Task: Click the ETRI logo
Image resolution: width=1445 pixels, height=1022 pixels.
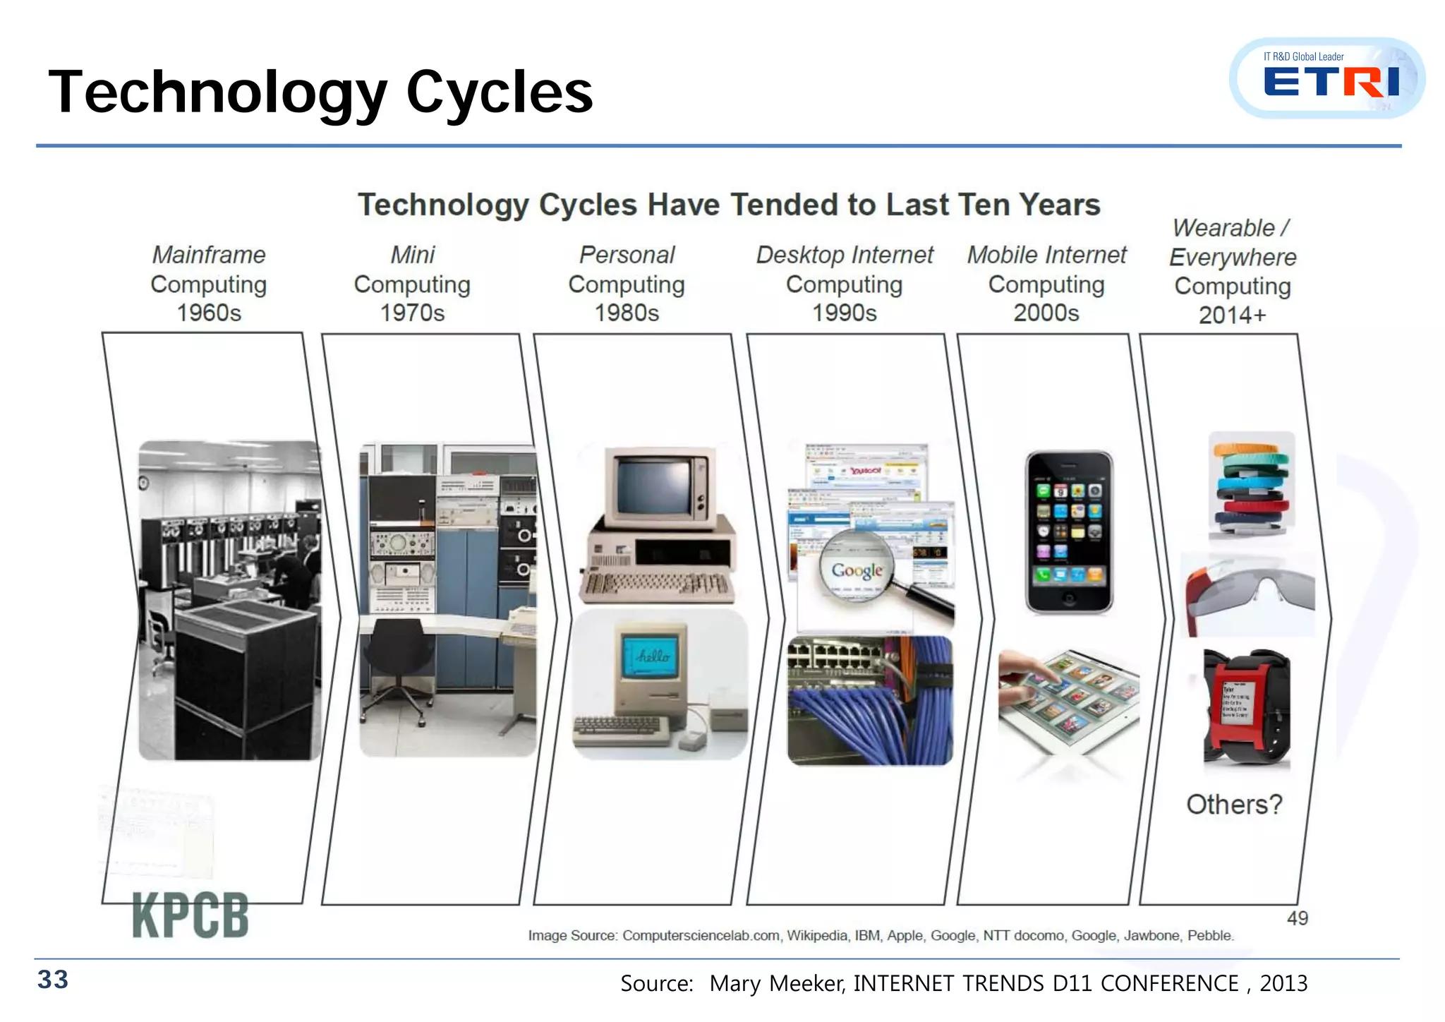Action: (1331, 80)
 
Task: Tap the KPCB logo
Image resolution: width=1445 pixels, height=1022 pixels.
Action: (191, 915)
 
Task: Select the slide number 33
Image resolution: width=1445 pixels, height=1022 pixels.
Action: (53, 980)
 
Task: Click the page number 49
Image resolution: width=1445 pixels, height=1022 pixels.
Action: (1297, 918)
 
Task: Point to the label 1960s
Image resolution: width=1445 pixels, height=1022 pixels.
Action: (209, 313)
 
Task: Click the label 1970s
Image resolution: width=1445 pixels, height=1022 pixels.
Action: (412, 313)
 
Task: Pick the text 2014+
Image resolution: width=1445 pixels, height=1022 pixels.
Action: (1232, 315)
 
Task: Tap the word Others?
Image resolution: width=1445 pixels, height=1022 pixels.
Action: (1233, 805)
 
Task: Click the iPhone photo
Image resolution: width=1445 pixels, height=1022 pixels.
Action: (1069, 532)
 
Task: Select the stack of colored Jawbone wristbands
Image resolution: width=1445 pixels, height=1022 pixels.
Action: (1252, 487)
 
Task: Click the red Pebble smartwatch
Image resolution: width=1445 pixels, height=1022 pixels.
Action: (1246, 706)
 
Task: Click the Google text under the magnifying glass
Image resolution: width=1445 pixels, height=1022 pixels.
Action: (857, 570)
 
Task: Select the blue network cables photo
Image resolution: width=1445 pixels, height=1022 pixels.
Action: (869, 701)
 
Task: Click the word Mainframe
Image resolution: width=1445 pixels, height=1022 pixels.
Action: (209, 255)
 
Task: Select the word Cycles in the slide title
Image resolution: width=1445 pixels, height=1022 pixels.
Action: (500, 92)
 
